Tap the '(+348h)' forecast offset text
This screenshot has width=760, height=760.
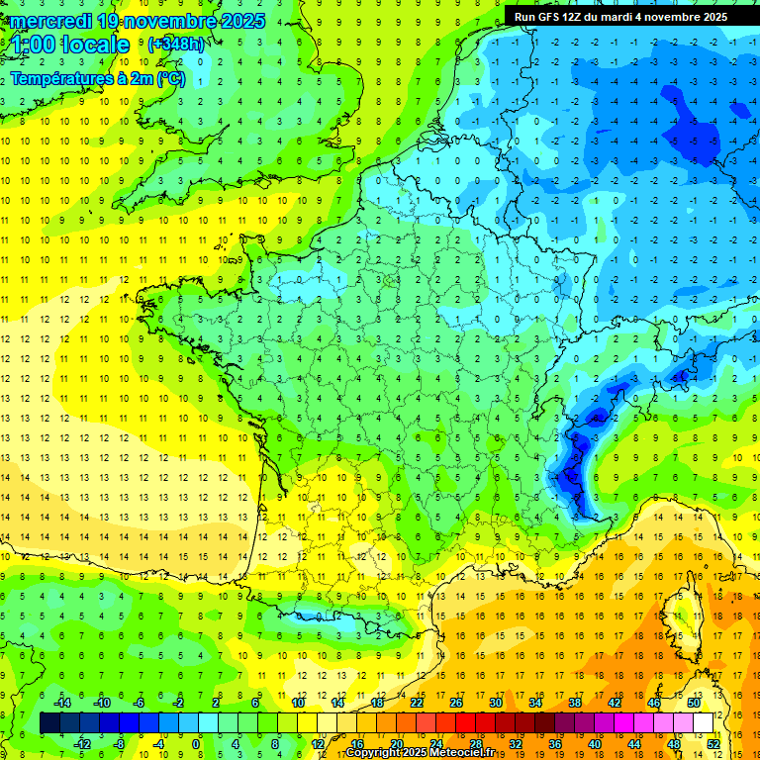click(x=175, y=44)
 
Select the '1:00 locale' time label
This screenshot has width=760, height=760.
click(x=70, y=45)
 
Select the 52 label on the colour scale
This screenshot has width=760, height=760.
click(x=713, y=743)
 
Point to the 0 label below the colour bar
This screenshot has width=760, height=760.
click(x=196, y=743)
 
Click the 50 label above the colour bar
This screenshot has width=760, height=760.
click(x=694, y=703)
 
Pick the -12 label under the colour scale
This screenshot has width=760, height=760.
click(x=81, y=743)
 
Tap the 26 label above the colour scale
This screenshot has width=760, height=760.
click(x=456, y=703)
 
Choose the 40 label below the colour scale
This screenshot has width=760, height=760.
click(x=595, y=743)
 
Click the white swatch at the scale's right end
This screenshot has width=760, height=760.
click(x=704, y=722)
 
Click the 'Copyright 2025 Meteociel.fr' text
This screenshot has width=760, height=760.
click(x=421, y=753)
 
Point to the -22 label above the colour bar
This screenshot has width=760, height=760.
click(x=417, y=703)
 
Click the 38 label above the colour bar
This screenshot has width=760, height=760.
click(x=575, y=703)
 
